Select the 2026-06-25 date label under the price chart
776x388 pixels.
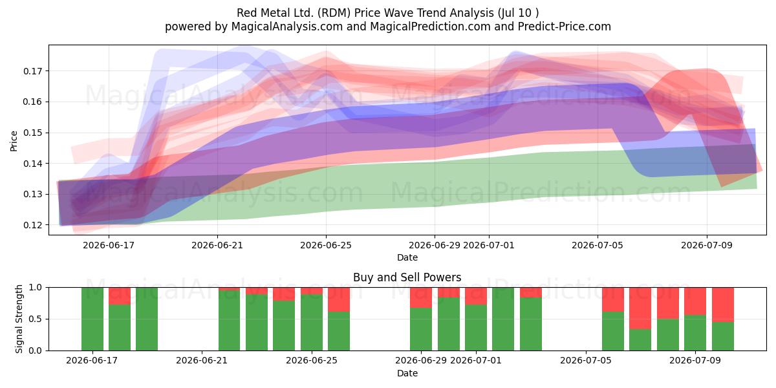pyautogui.click(x=326, y=245)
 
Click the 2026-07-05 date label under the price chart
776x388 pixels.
pyautogui.click(x=598, y=245)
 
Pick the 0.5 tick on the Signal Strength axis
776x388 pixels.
pyautogui.click(x=36, y=319)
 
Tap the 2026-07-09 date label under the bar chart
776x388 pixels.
pyautogui.click(x=695, y=360)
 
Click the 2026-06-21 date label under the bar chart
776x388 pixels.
pyautogui.click(x=202, y=360)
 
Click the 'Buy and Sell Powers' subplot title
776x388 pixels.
pyautogui.click(x=407, y=277)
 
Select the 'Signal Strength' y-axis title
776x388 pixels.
pyautogui.click(x=19, y=319)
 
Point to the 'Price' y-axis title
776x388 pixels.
pyautogui.click(x=14, y=141)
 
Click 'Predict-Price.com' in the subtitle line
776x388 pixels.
pyautogui.click(x=565, y=27)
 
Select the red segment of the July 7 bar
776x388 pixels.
pyautogui.click(x=640, y=308)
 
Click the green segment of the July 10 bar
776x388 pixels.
pyautogui.click(x=723, y=336)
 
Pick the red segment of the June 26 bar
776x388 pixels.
pyautogui.click(x=339, y=299)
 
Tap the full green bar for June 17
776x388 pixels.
pyautogui.click(x=92, y=319)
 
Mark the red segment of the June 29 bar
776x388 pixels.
pyautogui.click(x=421, y=297)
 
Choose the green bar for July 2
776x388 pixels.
pyautogui.click(x=503, y=319)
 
